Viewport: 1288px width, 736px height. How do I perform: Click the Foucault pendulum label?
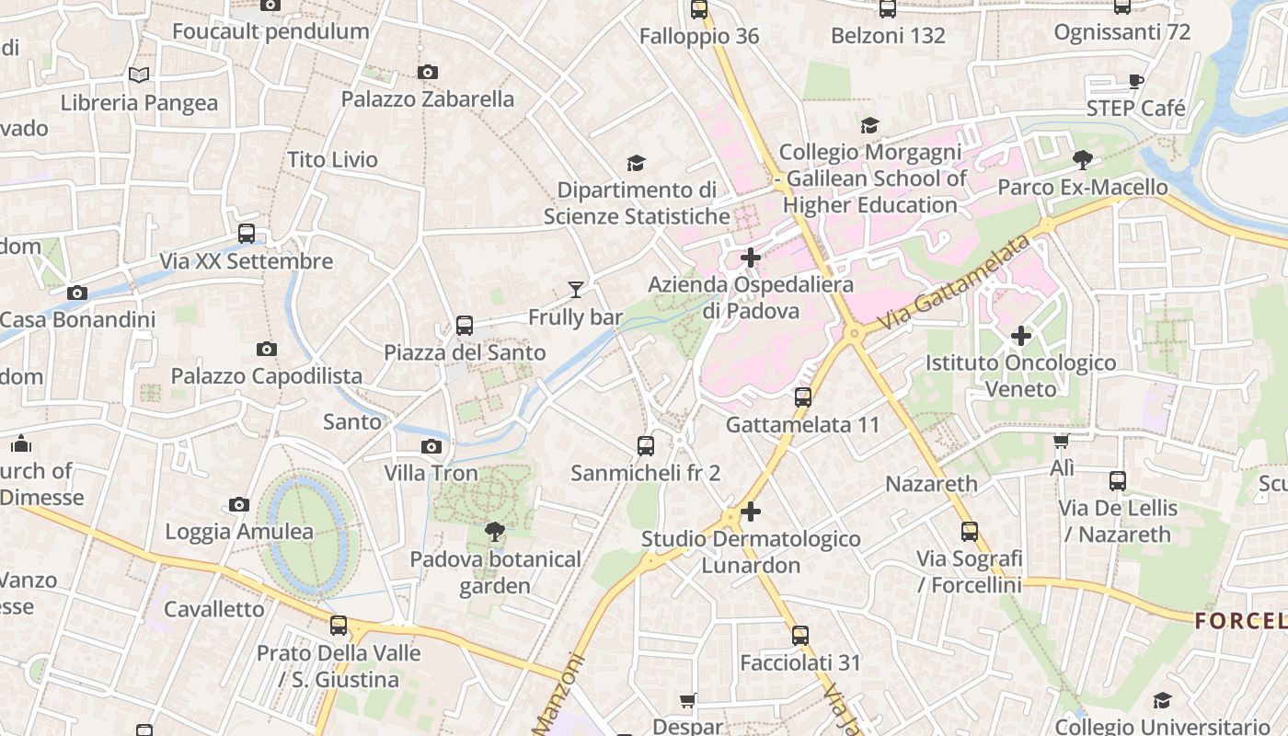pos(270,31)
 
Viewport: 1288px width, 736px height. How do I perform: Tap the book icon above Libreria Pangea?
pos(139,75)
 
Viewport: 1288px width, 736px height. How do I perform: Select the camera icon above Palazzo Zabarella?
pos(428,72)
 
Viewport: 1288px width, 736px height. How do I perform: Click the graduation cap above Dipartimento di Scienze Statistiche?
pos(636,163)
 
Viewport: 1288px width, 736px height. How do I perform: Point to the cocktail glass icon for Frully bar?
pos(576,290)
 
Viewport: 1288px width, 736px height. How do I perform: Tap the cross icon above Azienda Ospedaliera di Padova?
pos(751,258)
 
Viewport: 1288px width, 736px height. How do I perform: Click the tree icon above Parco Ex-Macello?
pos(1083,160)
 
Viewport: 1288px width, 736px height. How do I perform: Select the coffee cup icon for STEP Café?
pos(1136,81)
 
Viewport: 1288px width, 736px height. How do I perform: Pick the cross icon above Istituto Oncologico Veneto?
pos(1021,336)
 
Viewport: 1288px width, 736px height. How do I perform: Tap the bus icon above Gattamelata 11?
pos(803,397)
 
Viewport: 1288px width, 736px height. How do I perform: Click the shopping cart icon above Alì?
pos(1062,442)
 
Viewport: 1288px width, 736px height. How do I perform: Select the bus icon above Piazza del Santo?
pos(465,325)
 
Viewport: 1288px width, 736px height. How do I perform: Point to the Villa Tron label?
pos(431,473)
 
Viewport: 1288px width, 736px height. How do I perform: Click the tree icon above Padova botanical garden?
pos(495,531)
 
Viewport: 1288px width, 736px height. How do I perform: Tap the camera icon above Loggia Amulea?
pos(239,504)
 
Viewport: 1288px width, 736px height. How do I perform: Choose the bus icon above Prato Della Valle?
pos(339,626)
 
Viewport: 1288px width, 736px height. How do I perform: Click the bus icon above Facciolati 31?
pos(800,635)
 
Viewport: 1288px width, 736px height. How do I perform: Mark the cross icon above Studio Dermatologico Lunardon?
pos(751,512)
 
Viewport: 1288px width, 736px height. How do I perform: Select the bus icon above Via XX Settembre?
pos(247,233)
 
